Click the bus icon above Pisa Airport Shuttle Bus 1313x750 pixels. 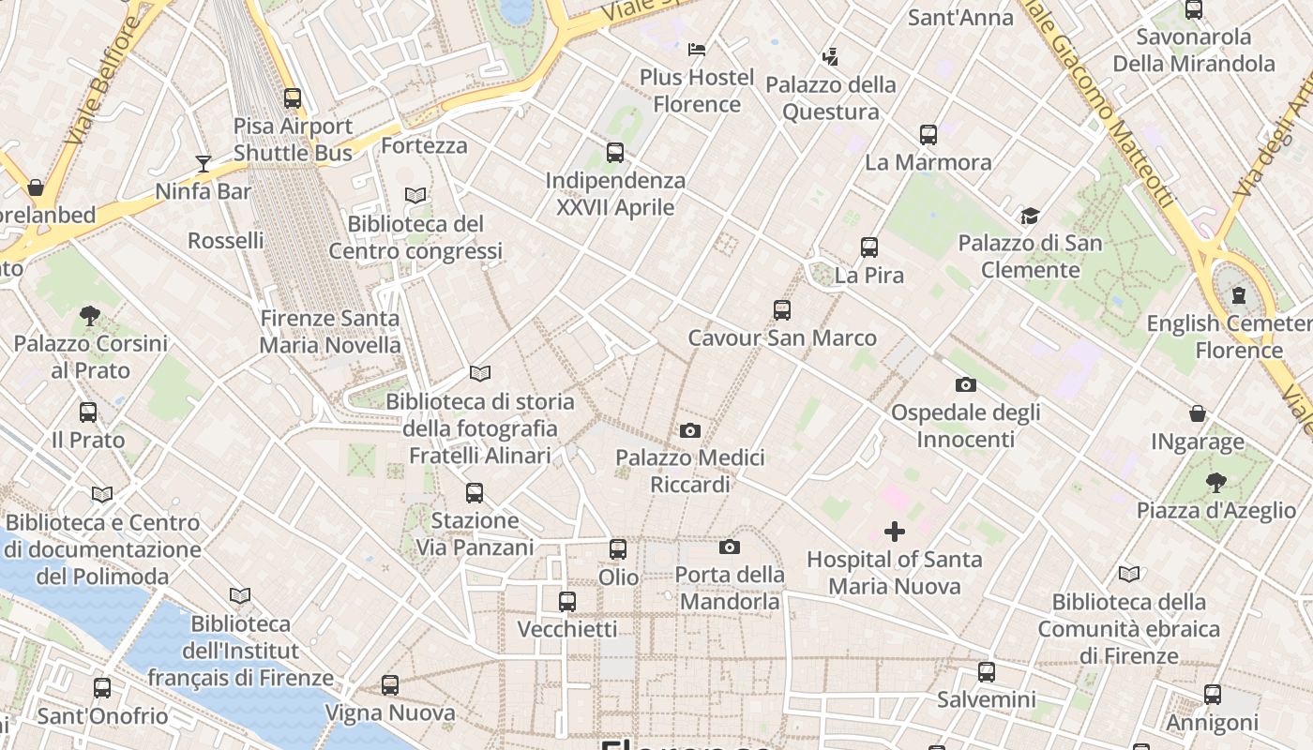pos(293,97)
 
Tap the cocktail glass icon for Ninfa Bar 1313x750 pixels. pos(204,164)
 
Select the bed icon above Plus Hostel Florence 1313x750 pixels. pos(697,49)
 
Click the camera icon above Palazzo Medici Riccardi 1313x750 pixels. pos(690,430)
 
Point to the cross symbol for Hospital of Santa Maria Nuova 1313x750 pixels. pos(895,532)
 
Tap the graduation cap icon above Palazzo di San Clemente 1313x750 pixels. pos(1030,216)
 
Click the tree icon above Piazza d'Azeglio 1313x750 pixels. pos(1215,483)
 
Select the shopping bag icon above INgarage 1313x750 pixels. pos(1198,413)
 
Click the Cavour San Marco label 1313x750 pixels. pos(782,337)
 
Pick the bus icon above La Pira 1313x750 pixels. pos(869,247)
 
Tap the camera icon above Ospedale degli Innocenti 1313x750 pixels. pos(965,384)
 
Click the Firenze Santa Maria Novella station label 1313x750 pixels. pos(330,332)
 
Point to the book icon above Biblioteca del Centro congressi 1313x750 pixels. pos(415,195)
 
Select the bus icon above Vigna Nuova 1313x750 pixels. pos(390,685)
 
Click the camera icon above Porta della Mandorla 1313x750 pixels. pos(730,547)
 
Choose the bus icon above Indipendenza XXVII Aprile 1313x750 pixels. pos(615,152)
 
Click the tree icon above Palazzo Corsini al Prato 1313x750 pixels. pos(90,316)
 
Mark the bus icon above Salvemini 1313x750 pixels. pos(987,671)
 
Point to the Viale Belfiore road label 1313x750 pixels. pos(103,79)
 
